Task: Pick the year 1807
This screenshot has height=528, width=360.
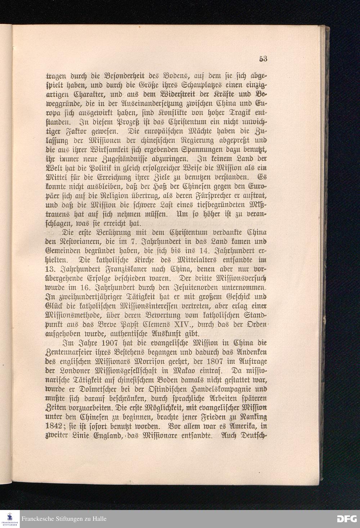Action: click(x=224, y=361)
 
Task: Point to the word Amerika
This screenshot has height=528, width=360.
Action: click(x=239, y=427)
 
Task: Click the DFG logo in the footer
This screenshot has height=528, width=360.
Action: click(x=346, y=519)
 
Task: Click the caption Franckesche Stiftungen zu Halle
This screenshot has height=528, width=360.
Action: click(x=64, y=519)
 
